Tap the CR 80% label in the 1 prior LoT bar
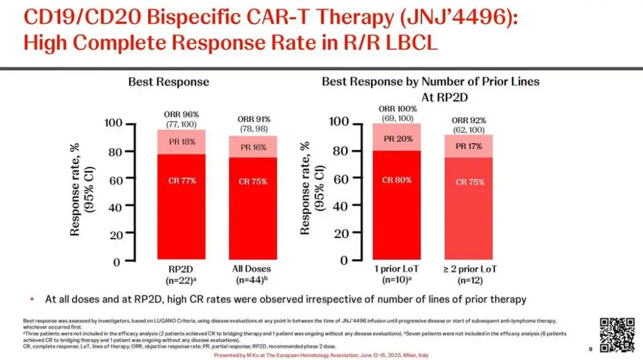pyautogui.click(x=397, y=180)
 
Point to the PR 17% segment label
pyautogui.click(x=470, y=146)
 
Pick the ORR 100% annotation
pyautogui.click(x=397, y=109)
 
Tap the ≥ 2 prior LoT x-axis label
pyautogui.click(x=470, y=269)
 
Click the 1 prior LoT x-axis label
pyautogui.click(x=397, y=269)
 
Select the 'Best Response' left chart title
pyautogui.click(x=168, y=82)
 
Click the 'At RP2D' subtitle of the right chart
pyautogui.click(x=430, y=96)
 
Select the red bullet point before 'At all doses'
pyautogui.click(x=31, y=299)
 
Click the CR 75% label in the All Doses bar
pyautogui.click(x=252, y=181)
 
